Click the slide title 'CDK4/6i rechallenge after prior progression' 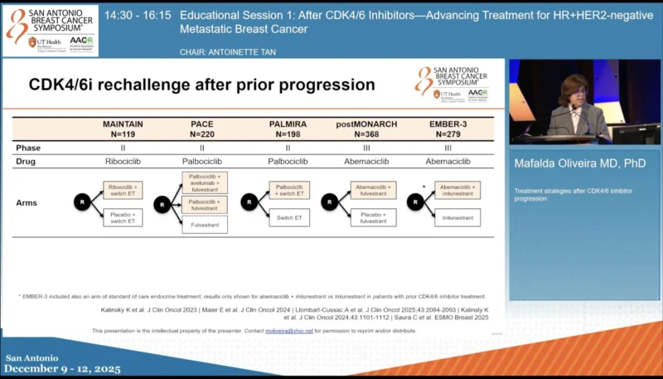[201, 85]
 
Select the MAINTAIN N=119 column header [123, 129]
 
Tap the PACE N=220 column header [203, 129]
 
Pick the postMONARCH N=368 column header [366, 129]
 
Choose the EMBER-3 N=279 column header [448, 129]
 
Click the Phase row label [29, 148]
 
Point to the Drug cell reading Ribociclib [123, 162]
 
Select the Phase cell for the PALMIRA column [288, 148]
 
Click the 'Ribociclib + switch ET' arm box [123, 190]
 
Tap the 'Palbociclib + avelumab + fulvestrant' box [204, 182]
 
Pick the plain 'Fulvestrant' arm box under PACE [204, 224]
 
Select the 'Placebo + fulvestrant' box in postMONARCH [373, 217]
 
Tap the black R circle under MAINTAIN [82, 202]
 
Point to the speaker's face [573, 91]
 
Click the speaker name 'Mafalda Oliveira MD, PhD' [578, 163]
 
